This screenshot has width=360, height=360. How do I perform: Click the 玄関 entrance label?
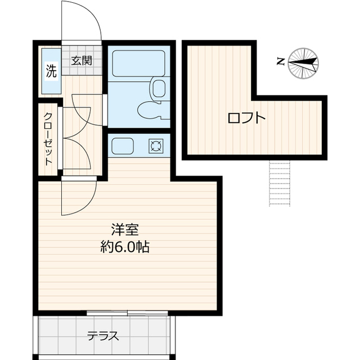81,61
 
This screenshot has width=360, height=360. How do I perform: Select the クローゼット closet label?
48,139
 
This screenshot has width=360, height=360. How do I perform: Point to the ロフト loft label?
246,118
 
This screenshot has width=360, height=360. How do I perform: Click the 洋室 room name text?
125,229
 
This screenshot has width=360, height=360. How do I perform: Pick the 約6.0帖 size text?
125,247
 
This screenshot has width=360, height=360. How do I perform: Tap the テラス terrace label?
103,336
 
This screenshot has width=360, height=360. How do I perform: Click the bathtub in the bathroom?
139,64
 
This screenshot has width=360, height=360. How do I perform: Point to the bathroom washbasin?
158,88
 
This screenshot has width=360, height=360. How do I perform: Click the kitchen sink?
123,146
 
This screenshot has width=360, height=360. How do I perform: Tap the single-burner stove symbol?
156,146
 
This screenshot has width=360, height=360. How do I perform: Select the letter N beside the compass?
281,62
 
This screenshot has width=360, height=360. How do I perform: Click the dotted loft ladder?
280,183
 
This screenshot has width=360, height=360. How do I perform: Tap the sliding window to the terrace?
127,313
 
